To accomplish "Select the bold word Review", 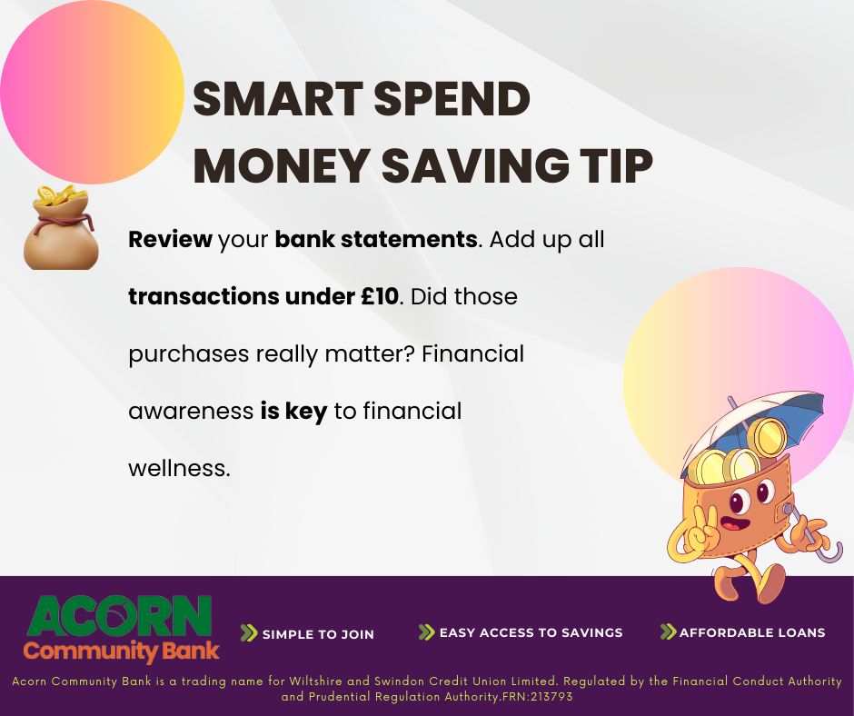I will (x=170, y=241).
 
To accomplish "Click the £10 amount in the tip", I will (x=374, y=297).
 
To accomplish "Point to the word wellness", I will (x=179, y=469).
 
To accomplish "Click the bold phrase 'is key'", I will (x=293, y=412).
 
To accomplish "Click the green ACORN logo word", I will (x=119, y=617).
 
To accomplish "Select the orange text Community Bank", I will (x=121, y=651).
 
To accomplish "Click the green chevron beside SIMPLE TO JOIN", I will (x=249, y=633).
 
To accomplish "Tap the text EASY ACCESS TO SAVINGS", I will (x=531, y=632).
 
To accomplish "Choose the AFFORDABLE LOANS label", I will (x=752, y=632).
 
